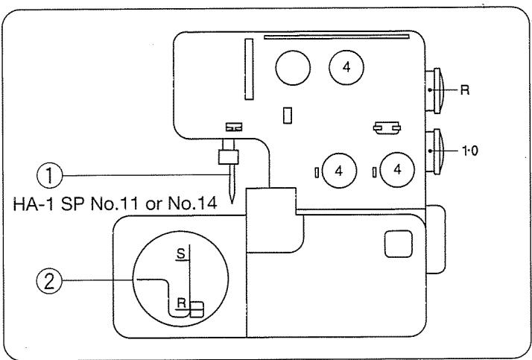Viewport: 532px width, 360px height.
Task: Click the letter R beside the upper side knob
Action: (463, 87)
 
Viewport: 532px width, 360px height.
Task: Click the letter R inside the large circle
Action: (180, 303)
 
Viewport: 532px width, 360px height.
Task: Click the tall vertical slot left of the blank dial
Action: (248, 67)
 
